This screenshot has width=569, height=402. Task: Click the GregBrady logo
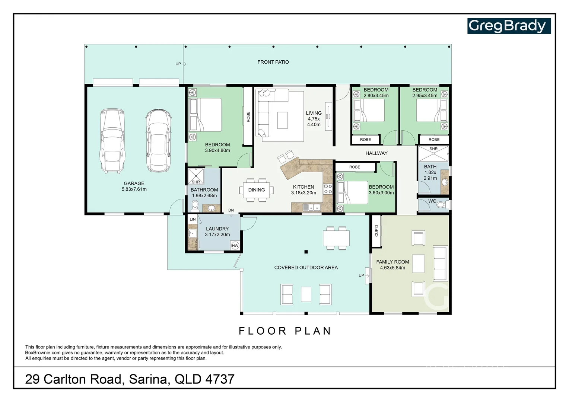point(509,26)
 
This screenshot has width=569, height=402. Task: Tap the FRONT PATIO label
point(273,62)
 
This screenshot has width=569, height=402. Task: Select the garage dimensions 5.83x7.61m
point(134,189)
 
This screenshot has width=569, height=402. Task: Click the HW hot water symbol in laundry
point(235,246)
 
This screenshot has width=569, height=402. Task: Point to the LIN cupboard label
point(193,219)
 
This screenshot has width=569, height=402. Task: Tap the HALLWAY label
point(376,153)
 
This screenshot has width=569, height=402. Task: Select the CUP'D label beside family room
point(376,230)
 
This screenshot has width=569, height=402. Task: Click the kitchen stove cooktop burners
point(328,189)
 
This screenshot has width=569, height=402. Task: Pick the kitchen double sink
point(312,207)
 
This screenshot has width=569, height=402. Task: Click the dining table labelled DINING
point(257,190)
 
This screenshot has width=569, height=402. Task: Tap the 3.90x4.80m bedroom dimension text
point(217,150)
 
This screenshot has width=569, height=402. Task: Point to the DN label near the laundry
point(231,210)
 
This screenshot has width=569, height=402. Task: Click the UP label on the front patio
point(178,64)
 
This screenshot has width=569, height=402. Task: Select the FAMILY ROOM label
point(393,262)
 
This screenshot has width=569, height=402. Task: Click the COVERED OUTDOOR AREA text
point(306,267)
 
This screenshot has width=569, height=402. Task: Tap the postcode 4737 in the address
point(220,379)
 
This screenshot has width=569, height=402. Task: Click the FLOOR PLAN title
point(285,331)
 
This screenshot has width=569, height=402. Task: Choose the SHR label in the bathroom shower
point(196,182)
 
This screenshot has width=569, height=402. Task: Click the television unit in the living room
point(328,116)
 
